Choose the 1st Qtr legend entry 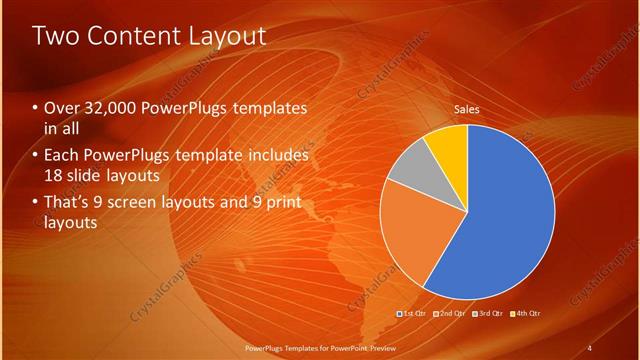pyautogui.click(x=413, y=313)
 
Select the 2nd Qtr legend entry pyautogui.click(x=450, y=313)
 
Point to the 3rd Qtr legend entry pyautogui.click(x=487, y=313)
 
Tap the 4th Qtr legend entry pyautogui.click(x=524, y=313)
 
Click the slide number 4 pyautogui.click(x=589, y=347)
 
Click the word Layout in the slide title pyautogui.click(x=227, y=36)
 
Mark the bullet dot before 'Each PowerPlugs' pyautogui.click(x=36, y=156)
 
